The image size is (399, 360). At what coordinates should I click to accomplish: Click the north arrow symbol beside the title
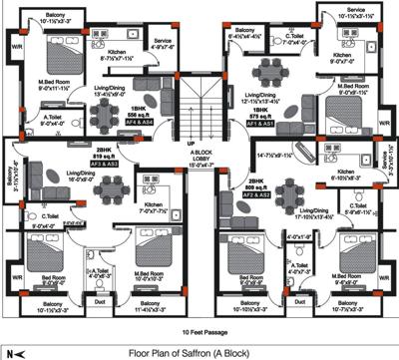click(x=14, y=352)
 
